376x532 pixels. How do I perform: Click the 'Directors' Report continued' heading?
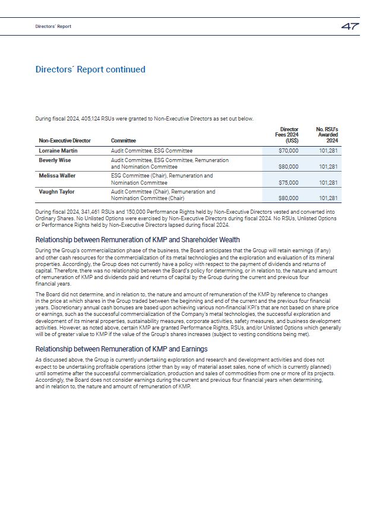(x=90, y=69)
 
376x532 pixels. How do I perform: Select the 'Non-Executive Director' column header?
(x=65, y=141)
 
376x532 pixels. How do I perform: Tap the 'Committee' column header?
(x=124, y=141)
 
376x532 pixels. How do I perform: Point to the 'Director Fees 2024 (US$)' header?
(x=289, y=135)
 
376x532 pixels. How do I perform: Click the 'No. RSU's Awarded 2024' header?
(x=327, y=135)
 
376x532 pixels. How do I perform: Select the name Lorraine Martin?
(x=58, y=151)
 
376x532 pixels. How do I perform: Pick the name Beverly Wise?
(x=55, y=160)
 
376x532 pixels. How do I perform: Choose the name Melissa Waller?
(x=58, y=176)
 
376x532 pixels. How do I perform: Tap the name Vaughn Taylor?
(x=56, y=192)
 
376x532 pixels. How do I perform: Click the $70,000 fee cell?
(x=288, y=151)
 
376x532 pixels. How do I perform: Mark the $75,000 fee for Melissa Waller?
(x=288, y=183)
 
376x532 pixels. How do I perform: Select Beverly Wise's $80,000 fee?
(x=288, y=167)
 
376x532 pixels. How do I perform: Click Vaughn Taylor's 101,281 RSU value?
(x=328, y=198)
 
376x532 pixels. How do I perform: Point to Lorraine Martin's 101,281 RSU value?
(x=328, y=151)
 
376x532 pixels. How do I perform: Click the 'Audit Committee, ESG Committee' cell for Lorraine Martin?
(x=151, y=151)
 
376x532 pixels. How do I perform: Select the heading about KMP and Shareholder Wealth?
(x=137, y=239)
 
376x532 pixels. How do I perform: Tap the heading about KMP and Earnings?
(x=121, y=349)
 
